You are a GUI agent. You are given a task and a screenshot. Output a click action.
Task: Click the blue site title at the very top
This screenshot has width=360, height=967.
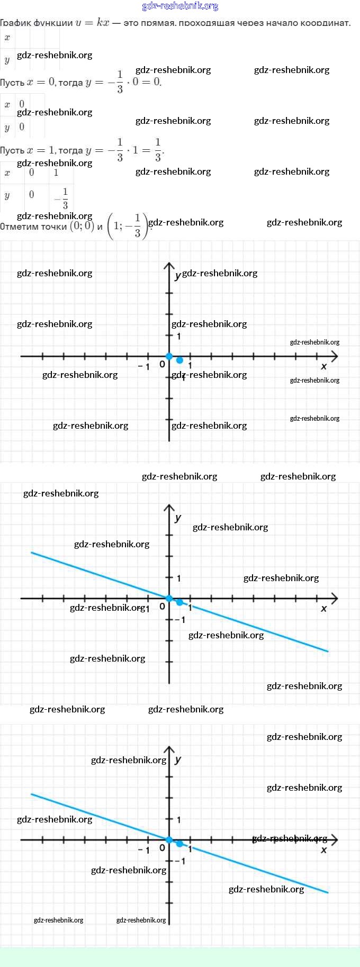(x=180, y=6)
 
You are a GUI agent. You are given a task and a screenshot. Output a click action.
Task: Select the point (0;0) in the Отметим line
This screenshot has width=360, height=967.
(x=82, y=226)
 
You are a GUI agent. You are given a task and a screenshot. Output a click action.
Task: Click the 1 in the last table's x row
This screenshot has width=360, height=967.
(x=56, y=173)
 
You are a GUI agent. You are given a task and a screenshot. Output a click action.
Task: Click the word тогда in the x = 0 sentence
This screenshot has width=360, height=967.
(x=70, y=83)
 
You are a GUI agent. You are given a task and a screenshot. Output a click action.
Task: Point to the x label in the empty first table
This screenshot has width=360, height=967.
(x=7, y=38)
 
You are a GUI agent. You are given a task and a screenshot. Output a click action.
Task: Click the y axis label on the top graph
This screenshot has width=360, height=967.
(x=178, y=276)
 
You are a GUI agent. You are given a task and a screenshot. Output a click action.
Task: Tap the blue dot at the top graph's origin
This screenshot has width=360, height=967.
(x=169, y=356)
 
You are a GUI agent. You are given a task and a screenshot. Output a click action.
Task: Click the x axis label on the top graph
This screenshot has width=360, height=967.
(x=324, y=366)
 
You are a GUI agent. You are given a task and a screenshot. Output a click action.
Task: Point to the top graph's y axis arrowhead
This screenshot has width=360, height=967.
(x=169, y=265)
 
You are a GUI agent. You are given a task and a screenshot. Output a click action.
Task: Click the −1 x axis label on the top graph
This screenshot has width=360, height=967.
(x=144, y=366)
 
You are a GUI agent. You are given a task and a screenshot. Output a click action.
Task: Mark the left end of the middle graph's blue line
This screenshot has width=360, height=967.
(x=32, y=553)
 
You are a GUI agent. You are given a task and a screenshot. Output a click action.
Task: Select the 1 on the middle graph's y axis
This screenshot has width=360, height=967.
(x=179, y=578)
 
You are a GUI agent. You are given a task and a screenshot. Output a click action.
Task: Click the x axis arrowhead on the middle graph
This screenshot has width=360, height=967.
(x=334, y=598)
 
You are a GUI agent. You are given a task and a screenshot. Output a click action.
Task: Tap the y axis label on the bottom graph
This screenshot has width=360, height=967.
(x=178, y=760)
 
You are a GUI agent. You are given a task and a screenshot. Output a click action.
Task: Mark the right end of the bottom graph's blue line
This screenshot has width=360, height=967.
(x=328, y=892)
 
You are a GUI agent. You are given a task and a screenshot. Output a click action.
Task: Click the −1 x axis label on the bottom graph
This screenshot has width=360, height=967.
(x=144, y=850)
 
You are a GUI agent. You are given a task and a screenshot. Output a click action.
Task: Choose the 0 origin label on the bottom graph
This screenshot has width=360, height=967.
(x=162, y=848)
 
